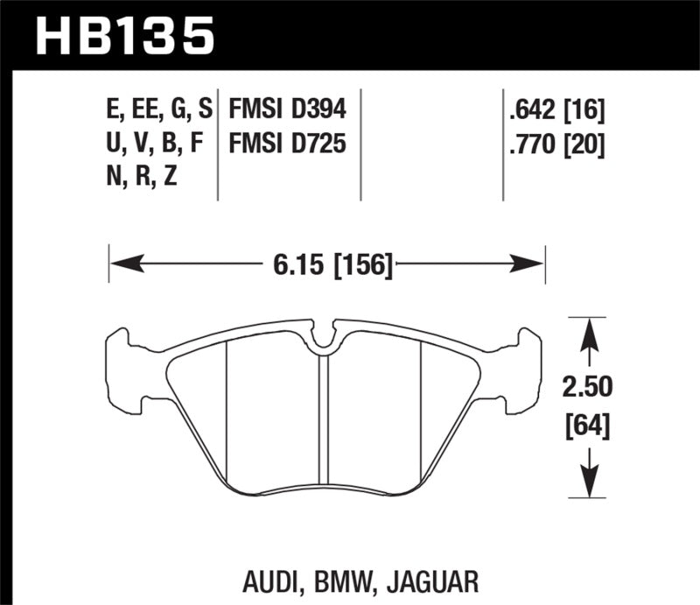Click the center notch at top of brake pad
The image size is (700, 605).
(x=325, y=339)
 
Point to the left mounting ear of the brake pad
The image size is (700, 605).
(x=122, y=368)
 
